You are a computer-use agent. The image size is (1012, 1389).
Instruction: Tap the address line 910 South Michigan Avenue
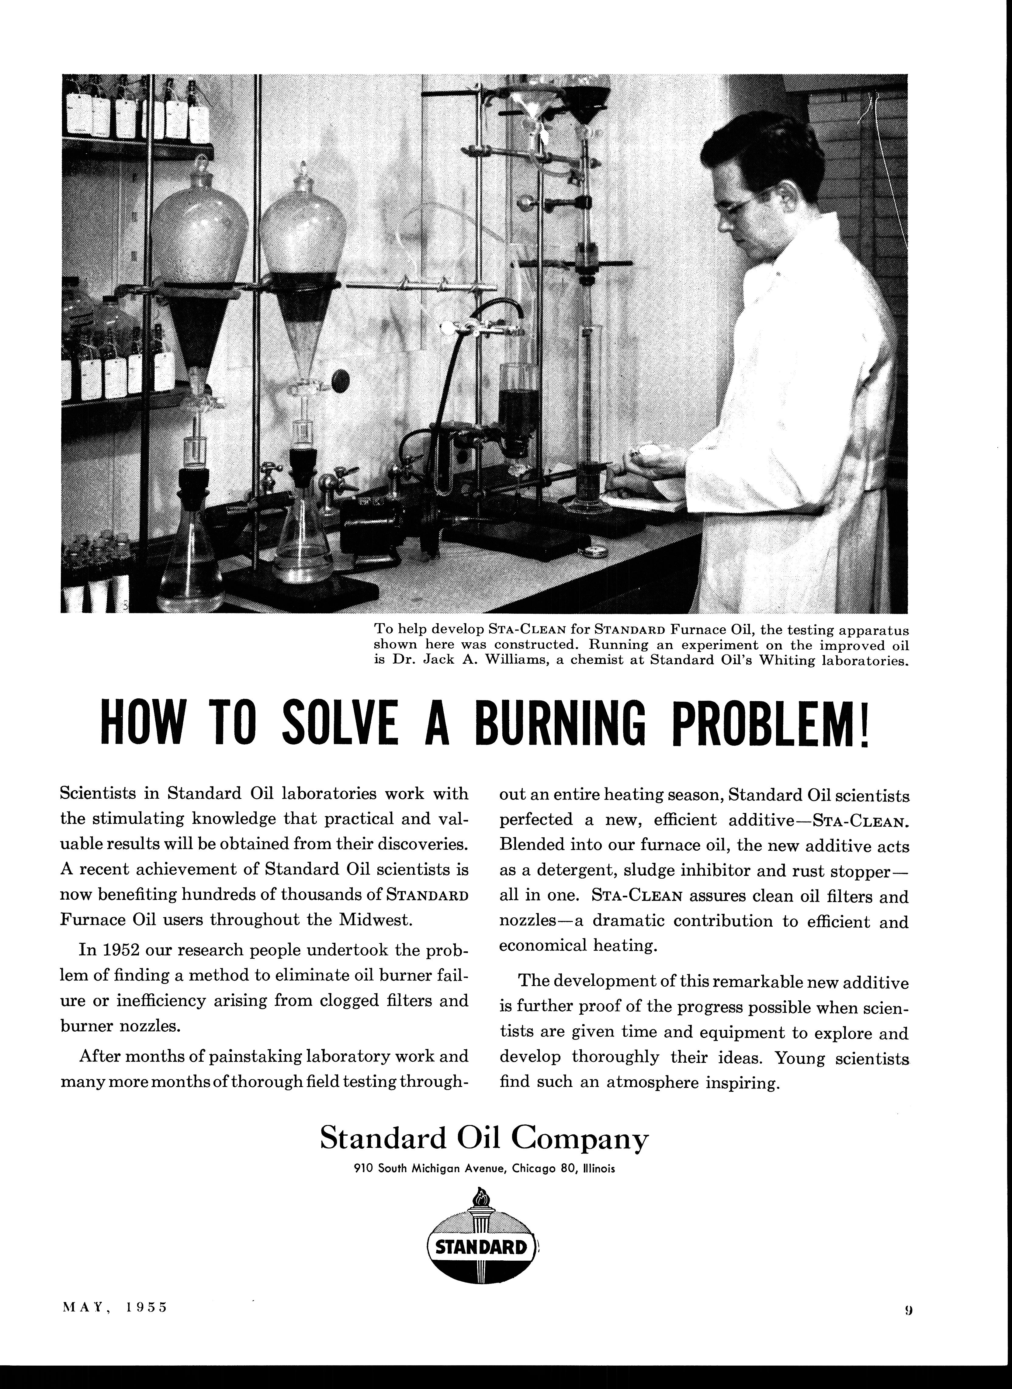(x=484, y=1168)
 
